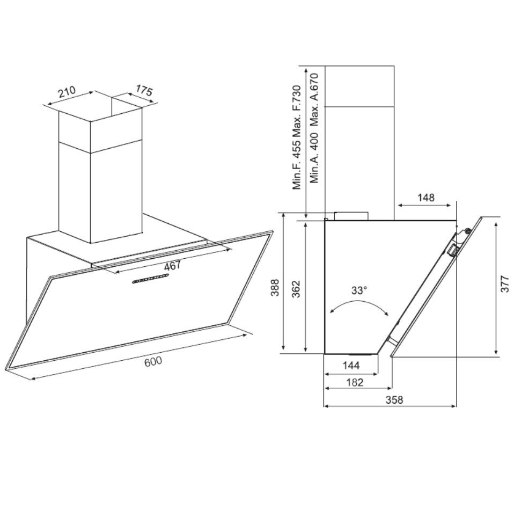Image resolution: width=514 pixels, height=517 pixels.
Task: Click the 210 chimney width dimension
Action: point(67,92)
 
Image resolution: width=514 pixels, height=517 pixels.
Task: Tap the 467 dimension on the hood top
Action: point(172,265)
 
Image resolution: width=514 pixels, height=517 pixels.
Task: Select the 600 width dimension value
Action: point(153,361)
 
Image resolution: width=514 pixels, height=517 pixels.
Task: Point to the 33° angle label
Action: point(359,290)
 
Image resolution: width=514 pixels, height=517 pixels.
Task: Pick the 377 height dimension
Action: point(505,287)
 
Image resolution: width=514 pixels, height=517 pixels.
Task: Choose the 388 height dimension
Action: point(275,288)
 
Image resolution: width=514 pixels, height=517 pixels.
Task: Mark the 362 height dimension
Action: point(296,288)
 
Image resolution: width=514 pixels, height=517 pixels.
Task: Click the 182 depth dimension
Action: point(355,382)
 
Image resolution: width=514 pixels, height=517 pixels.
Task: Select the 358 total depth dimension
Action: point(393,399)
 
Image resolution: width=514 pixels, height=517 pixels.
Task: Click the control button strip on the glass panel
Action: point(150,279)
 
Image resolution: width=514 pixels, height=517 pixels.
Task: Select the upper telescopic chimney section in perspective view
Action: point(99,126)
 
